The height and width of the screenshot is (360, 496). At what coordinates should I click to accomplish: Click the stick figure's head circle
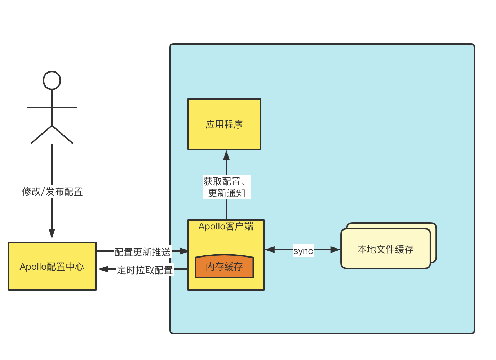[52, 80]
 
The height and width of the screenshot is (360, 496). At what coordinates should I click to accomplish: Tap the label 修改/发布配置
[53, 192]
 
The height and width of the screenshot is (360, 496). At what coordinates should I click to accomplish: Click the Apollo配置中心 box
[52, 266]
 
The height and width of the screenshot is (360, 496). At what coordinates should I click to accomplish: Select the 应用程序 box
[224, 124]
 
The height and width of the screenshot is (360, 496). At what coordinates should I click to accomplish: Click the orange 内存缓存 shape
[224, 267]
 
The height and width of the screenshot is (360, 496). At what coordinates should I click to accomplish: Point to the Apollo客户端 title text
[226, 227]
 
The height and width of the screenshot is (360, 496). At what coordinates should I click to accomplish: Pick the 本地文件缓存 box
[385, 249]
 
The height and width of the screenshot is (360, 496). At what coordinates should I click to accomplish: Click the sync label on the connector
[303, 250]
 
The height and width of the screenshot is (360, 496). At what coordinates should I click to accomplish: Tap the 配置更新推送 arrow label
[142, 252]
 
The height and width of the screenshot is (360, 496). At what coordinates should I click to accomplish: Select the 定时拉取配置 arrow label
[145, 270]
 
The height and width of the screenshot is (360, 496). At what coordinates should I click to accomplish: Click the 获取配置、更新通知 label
[227, 187]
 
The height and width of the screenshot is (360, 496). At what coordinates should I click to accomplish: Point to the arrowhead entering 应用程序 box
[226, 155]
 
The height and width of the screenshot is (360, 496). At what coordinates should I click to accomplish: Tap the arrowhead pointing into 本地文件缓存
[335, 249]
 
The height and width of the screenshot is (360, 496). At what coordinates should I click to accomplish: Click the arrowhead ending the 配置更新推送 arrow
[185, 251]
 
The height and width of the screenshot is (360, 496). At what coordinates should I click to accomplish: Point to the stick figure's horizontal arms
[52, 107]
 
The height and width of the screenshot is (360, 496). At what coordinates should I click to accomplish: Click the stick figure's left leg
[41, 135]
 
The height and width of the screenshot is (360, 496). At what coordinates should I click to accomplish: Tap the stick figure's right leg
[63, 135]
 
